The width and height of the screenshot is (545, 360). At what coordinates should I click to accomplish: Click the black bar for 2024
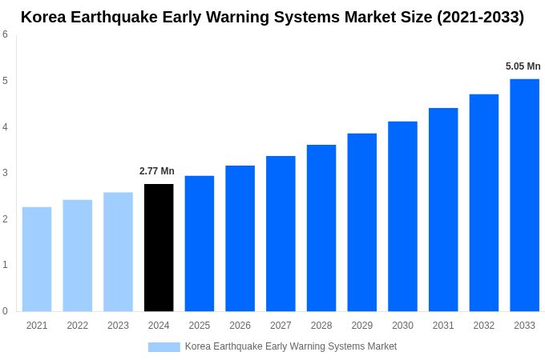pyautogui.click(x=159, y=248)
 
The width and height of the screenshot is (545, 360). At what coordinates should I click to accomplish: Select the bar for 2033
pyautogui.click(x=524, y=195)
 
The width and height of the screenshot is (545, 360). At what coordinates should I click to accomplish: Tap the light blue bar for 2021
pyautogui.click(x=37, y=259)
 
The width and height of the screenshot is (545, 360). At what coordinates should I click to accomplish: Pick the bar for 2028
pyautogui.click(x=321, y=228)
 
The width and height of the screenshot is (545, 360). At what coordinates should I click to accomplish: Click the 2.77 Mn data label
pyautogui.click(x=157, y=171)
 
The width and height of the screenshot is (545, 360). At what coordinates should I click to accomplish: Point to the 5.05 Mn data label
pyautogui.click(x=523, y=66)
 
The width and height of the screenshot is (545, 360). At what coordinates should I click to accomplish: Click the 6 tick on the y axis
pyautogui.click(x=5, y=34)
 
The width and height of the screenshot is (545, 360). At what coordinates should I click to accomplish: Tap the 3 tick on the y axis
pyautogui.click(x=5, y=173)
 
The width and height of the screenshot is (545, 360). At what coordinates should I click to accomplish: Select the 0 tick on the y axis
pyautogui.click(x=5, y=311)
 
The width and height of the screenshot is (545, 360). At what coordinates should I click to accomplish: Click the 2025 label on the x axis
pyautogui.click(x=200, y=326)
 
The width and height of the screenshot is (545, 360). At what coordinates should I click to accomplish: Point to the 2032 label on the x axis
pyautogui.click(x=484, y=326)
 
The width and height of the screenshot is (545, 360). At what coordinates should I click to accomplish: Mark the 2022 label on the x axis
pyautogui.click(x=78, y=326)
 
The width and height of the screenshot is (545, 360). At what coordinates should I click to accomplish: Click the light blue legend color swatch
pyautogui.click(x=164, y=347)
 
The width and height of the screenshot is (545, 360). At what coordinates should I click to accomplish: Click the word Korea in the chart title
pyautogui.click(x=44, y=17)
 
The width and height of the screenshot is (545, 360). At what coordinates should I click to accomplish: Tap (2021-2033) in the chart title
pyautogui.click(x=480, y=17)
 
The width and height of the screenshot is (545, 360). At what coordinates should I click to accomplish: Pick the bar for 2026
pyautogui.click(x=240, y=238)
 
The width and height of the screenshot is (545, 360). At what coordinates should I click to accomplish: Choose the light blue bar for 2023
pyautogui.click(x=118, y=252)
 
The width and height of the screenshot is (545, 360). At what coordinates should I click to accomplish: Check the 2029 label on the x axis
pyautogui.click(x=362, y=326)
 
